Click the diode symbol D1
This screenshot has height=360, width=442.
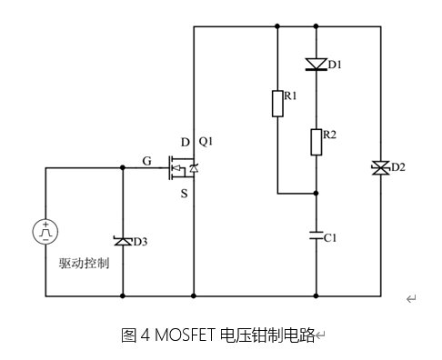(x=316, y=64)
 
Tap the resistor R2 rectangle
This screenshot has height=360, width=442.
(x=316, y=141)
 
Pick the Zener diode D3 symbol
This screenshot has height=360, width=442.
(x=123, y=241)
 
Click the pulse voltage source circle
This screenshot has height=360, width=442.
(x=45, y=232)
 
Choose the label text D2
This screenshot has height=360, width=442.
(x=397, y=168)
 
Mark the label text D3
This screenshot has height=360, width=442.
(x=141, y=241)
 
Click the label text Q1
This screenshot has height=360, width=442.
(x=206, y=141)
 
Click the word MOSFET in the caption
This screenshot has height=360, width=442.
(x=182, y=335)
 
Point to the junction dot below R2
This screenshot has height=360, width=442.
(x=316, y=194)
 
